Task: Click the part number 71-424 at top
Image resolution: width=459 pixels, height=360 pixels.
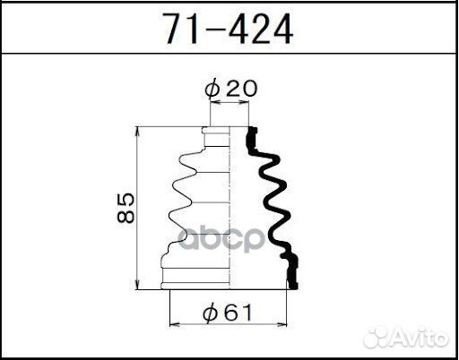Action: (x=228, y=30)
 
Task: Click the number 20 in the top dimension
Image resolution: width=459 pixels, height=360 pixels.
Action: (x=235, y=89)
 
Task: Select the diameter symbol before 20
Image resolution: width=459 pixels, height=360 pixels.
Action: (x=212, y=89)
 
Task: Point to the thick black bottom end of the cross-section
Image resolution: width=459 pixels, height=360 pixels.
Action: (x=291, y=272)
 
